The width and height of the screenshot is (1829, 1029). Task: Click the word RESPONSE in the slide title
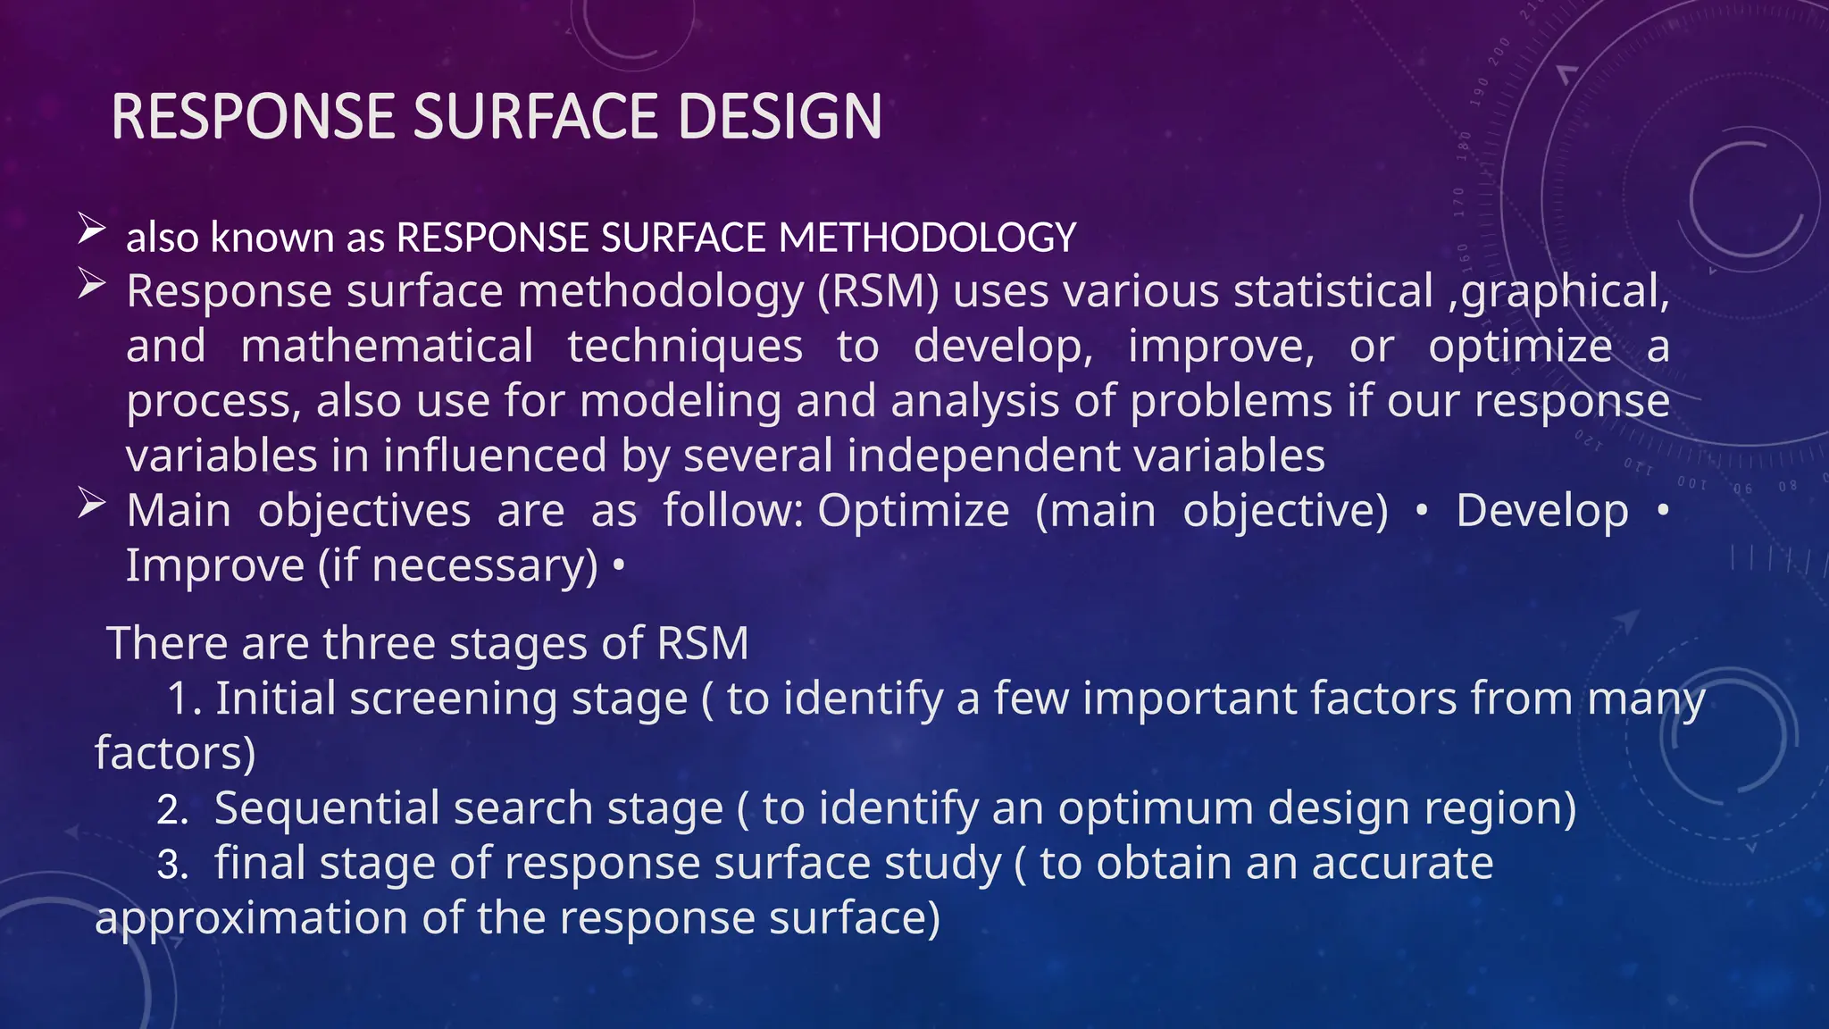coord(254,117)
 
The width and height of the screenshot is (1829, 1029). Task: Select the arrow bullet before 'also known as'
coord(91,229)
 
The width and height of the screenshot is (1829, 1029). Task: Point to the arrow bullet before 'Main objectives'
coord(91,503)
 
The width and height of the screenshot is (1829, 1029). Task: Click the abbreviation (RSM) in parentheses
coord(879,292)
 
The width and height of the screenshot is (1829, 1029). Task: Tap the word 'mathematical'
coord(387,347)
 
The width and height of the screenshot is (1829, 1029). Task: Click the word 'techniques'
coord(685,347)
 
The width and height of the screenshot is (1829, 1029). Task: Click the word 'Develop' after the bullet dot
coord(1542,511)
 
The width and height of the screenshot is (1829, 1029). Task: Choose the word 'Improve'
coord(215,565)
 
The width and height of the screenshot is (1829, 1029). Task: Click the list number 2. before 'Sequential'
coord(172,810)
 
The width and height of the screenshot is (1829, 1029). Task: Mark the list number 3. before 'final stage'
coord(172,865)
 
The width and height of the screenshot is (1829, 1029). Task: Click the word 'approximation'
coord(252,918)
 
